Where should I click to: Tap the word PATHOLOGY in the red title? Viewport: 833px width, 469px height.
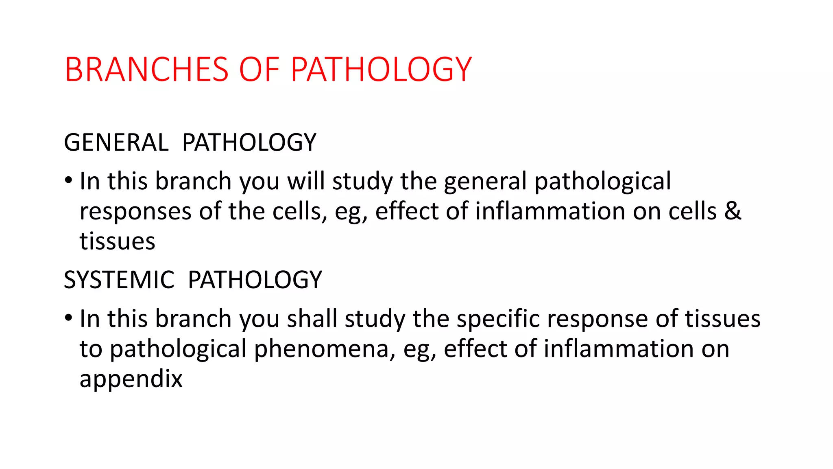tap(381, 70)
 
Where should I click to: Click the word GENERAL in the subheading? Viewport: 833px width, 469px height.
tap(116, 142)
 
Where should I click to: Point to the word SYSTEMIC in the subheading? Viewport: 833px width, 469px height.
tap(119, 280)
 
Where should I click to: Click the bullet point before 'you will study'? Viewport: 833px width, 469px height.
tap(68, 180)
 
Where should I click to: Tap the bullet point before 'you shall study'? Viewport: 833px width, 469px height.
tap(68, 318)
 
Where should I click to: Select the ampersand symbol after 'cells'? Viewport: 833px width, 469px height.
tap(733, 211)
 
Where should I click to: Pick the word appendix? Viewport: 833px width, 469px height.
tap(131, 379)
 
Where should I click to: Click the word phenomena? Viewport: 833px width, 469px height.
tap(324, 349)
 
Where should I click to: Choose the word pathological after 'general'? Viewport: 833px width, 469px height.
tap(602, 182)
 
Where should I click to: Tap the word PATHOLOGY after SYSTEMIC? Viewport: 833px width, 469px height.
tap(255, 280)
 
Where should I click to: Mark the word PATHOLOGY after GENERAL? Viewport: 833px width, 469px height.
tap(249, 142)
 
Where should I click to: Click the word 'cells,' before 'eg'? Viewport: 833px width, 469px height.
tap(300, 211)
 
